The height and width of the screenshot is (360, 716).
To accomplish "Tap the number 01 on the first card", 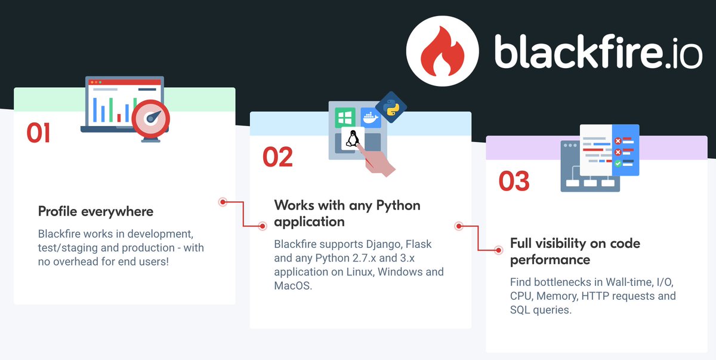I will [x=38, y=133].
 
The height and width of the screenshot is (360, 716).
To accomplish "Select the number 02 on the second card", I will [x=277, y=156].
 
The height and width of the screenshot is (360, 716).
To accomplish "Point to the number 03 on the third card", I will [x=514, y=181].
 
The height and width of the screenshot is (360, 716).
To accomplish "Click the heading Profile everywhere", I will [x=95, y=211].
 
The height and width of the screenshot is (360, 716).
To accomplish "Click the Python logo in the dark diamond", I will [x=391, y=107].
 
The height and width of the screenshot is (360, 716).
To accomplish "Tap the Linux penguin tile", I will [x=352, y=139].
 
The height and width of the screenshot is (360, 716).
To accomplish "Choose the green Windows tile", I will [x=344, y=116].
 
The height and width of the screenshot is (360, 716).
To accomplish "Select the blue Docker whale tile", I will [x=370, y=116].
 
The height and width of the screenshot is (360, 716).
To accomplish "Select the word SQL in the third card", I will [x=520, y=310].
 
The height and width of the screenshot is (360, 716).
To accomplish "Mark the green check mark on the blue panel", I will [x=618, y=163].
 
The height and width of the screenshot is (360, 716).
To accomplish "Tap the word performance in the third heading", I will [x=550, y=260].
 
